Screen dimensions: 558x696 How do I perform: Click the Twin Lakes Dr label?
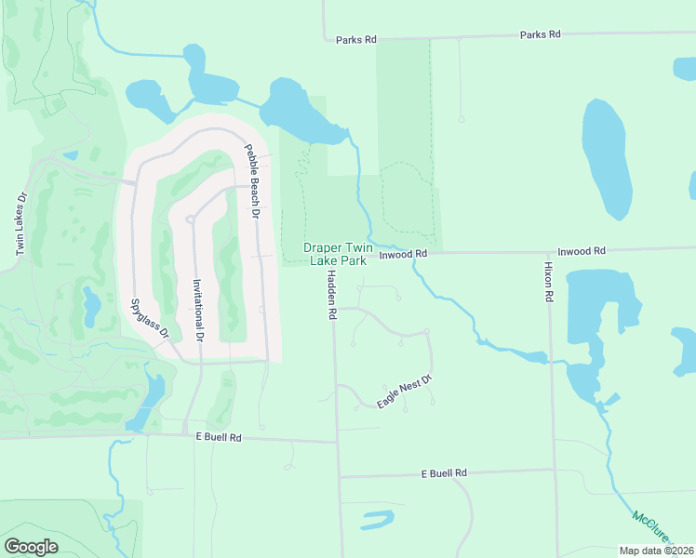pos(19,225)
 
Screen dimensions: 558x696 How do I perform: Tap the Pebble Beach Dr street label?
pos(250,180)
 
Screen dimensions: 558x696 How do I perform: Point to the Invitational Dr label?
pos(197,311)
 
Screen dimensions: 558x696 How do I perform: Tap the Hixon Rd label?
pos(549,280)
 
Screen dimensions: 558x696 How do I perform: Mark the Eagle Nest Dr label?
pos(405,392)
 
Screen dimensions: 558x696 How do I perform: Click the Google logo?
pos(31,547)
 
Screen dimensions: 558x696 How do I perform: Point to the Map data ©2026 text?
pos(657,551)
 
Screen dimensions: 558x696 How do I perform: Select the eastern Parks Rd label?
pos(541,34)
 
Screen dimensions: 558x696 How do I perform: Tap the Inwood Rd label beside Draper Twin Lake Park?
pos(403,253)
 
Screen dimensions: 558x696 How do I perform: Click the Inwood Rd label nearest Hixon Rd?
pos(582,251)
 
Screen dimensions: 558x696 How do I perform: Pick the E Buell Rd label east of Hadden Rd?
pos(444,473)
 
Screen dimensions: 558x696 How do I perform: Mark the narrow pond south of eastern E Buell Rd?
pos(378,519)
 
